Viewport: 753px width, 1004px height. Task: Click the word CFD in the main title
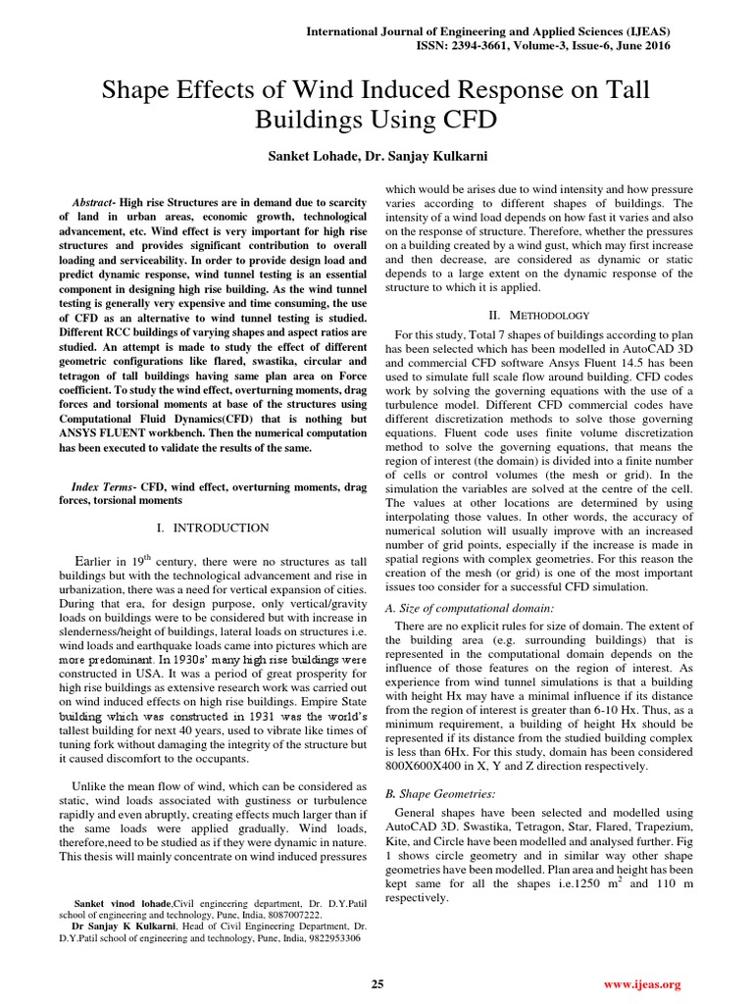tap(471, 122)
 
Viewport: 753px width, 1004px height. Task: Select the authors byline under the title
tap(376, 156)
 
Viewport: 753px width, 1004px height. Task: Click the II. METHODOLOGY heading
tap(539, 315)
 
